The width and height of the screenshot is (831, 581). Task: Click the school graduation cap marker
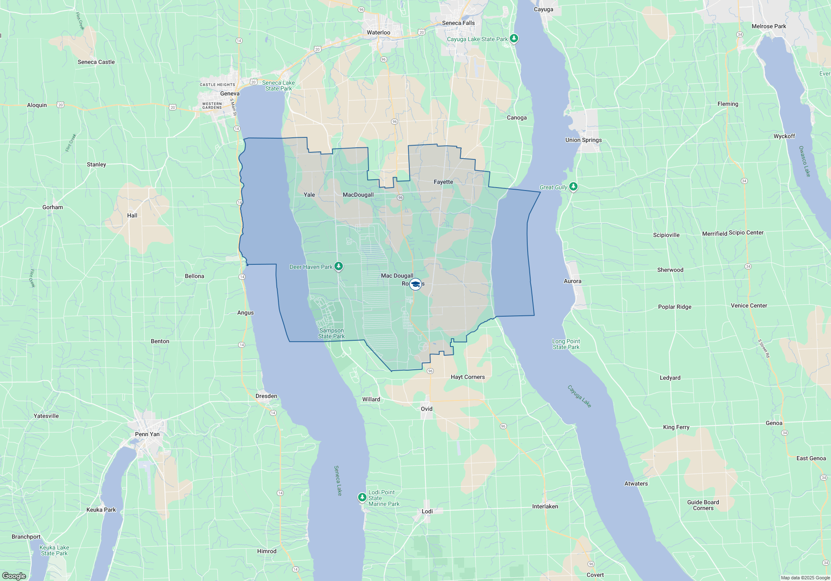tap(415, 284)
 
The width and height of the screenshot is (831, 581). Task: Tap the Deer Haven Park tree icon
tap(339, 266)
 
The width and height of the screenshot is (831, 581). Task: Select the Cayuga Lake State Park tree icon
tap(514, 39)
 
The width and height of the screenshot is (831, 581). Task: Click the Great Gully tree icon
tap(573, 187)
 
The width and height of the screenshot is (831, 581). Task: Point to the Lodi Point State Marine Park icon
tap(362, 497)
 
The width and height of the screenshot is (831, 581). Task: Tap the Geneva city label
tap(230, 94)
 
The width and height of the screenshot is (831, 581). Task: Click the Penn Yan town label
tap(147, 434)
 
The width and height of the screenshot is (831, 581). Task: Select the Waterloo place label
tap(378, 32)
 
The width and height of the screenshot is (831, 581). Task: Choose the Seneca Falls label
tap(458, 23)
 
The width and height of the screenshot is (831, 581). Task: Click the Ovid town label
tap(426, 409)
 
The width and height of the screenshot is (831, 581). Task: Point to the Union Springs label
tap(583, 140)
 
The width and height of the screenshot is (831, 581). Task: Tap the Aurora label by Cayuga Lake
tap(572, 281)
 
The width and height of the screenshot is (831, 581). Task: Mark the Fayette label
tap(443, 182)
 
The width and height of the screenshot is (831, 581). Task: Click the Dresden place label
tap(266, 396)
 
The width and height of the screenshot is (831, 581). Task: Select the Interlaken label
tap(545, 506)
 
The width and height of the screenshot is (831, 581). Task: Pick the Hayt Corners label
tap(467, 377)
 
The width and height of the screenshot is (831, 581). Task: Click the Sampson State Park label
tap(331, 334)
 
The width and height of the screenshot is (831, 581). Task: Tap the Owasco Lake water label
tap(804, 161)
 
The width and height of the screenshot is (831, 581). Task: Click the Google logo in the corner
tap(14, 576)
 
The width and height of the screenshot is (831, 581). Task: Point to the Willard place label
tap(371, 399)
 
